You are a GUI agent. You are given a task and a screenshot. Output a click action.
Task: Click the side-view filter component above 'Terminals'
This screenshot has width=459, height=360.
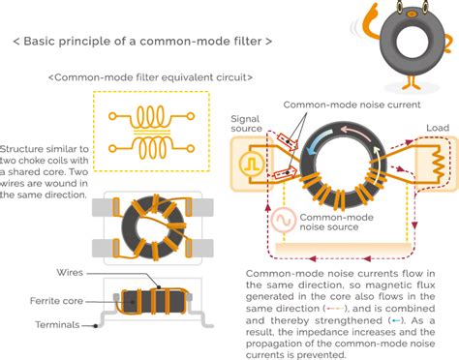click(x=150, y=301)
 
